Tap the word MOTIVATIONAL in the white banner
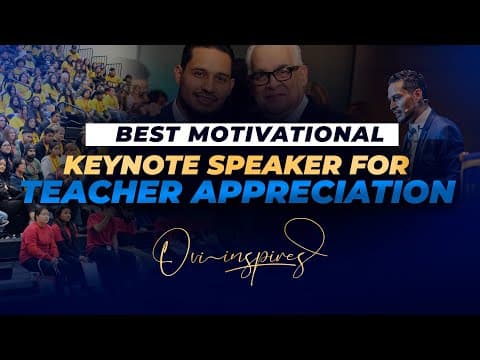pyautogui.click(x=286, y=134)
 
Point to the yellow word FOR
pyautogui.click(x=379, y=165)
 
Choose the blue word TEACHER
pyautogui.click(x=102, y=192)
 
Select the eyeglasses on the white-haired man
pyautogui.click(x=273, y=76)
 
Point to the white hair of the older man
pyautogui.click(x=273, y=54)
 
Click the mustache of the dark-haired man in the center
pyautogui.click(x=206, y=96)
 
